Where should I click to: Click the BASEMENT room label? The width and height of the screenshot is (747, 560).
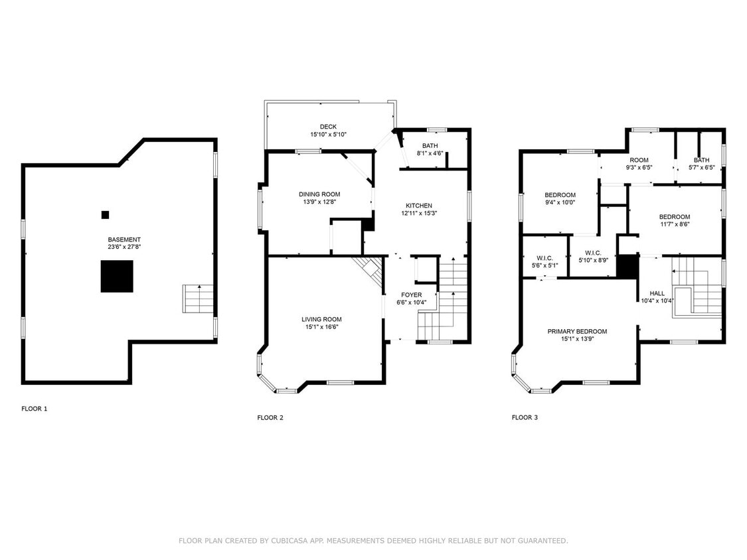(x=124, y=240)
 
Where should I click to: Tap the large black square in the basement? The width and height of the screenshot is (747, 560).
(x=117, y=276)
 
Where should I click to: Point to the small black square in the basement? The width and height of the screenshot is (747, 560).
(x=106, y=215)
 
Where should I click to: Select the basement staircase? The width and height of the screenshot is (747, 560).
(x=198, y=299)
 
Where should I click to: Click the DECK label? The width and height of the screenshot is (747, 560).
(x=328, y=127)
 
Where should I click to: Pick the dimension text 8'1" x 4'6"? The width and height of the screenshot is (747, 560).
(x=430, y=153)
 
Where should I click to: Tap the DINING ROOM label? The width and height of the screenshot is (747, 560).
(x=319, y=194)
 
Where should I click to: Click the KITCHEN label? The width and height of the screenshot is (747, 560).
(x=419, y=206)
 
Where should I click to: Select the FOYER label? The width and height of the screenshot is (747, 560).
(x=412, y=295)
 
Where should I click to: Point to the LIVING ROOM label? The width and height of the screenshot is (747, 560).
(x=321, y=320)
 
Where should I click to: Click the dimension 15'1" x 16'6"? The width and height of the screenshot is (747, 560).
(x=321, y=327)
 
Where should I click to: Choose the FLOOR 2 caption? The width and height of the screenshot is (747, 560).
(x=270, y=417)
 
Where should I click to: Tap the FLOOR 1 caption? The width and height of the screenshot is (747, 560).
(x=35, y=409)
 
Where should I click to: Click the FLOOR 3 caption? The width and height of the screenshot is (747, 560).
(x=525, y=417)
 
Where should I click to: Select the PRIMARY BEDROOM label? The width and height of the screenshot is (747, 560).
(x=578, y=332)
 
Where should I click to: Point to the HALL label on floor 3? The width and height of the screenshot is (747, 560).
(x=657, y=293)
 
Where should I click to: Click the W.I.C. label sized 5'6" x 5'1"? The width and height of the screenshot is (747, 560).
(x=545, y=258)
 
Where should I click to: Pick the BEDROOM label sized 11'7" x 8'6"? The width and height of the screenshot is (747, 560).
(x=675, y=217)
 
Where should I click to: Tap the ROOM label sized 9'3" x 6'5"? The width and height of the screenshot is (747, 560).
(x=639, y=160)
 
